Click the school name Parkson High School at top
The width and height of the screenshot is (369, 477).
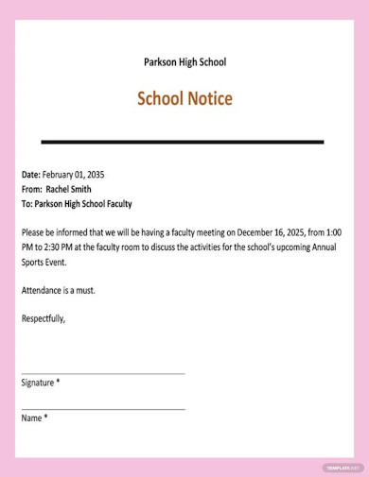(x=184, y=62)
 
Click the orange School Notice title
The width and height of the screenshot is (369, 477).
(x=184, y=99)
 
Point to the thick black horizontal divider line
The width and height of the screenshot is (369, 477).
(x=183, y=142)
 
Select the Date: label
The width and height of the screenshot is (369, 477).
(x=31, y=175)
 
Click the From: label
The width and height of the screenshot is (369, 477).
(x=32, y=189)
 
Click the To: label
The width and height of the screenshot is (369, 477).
(x=27, y=203)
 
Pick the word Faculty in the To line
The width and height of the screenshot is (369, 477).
(x=114, y=203)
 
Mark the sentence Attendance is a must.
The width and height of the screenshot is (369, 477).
(x=58, y=290)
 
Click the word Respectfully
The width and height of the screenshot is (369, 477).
(x=44, y=318)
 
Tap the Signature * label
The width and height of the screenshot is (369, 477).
(x=41, y=383)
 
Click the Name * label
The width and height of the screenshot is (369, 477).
(x=34, y=417)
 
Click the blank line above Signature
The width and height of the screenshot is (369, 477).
(x=102, y=373)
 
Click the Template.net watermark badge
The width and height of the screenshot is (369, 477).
(x=343, y=467)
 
